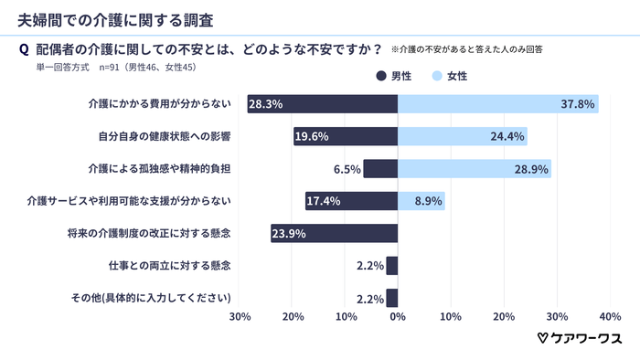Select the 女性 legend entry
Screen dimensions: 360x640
click(449, 76)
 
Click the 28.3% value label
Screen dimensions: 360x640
click(265, 104)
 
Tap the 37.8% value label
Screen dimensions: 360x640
click(578, 104)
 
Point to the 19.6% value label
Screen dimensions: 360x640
click(312, 137)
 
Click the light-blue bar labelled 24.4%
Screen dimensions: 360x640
click(462, 136)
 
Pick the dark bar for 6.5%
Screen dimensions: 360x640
click(380, 168)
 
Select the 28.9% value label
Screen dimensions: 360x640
click(530, 169)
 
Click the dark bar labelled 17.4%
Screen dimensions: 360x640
click(352, 201)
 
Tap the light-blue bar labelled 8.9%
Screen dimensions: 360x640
click(421, 201)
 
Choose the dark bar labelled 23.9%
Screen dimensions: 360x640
click(335, 233)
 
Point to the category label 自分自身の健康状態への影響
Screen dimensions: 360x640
click(165, 137)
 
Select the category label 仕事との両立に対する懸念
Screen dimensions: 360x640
click(168, 265)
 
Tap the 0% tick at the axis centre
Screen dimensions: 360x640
click(398, 317)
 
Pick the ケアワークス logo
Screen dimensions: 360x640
click(579, 338)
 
